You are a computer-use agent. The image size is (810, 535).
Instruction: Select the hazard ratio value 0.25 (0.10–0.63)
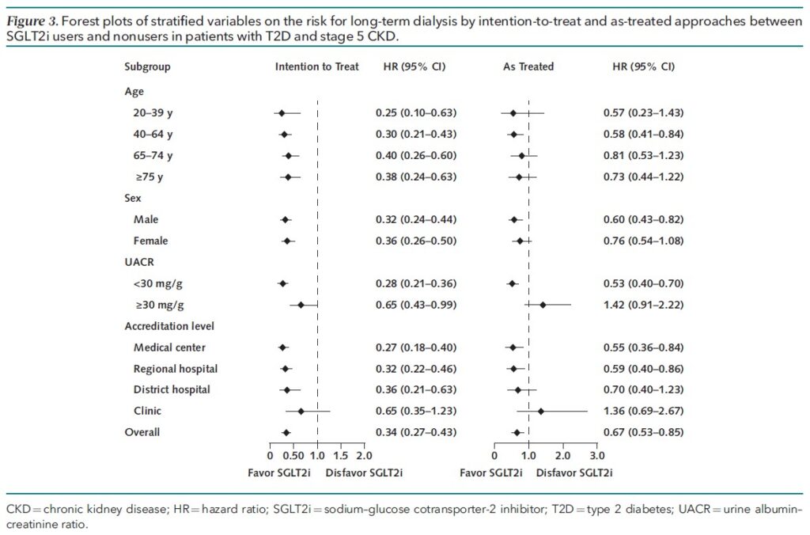(416, 113)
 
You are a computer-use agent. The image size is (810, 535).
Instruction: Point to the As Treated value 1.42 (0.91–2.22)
(643, 305)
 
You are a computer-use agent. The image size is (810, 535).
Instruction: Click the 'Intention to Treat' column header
(316, 67)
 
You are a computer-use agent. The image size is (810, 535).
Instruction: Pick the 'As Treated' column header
(528, 67)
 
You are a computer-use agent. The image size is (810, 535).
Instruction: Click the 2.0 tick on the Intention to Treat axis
(364, 457)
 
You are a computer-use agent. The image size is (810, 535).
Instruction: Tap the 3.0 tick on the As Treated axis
(597, 457)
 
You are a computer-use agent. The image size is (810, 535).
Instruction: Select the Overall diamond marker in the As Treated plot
(517, 433)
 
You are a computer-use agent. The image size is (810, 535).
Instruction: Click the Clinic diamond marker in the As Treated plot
(541, 412)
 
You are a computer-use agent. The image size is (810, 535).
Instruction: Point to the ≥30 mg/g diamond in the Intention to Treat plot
(301, 305)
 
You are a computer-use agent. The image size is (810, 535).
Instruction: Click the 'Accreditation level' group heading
(169, 326)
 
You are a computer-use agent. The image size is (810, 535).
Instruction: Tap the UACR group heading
(138, 262)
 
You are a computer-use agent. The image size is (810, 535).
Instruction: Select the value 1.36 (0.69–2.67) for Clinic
(643, 412)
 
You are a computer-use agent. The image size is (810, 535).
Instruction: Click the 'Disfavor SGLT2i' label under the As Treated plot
(573, 472)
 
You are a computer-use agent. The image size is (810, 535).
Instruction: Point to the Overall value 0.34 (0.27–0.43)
(416, 433)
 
